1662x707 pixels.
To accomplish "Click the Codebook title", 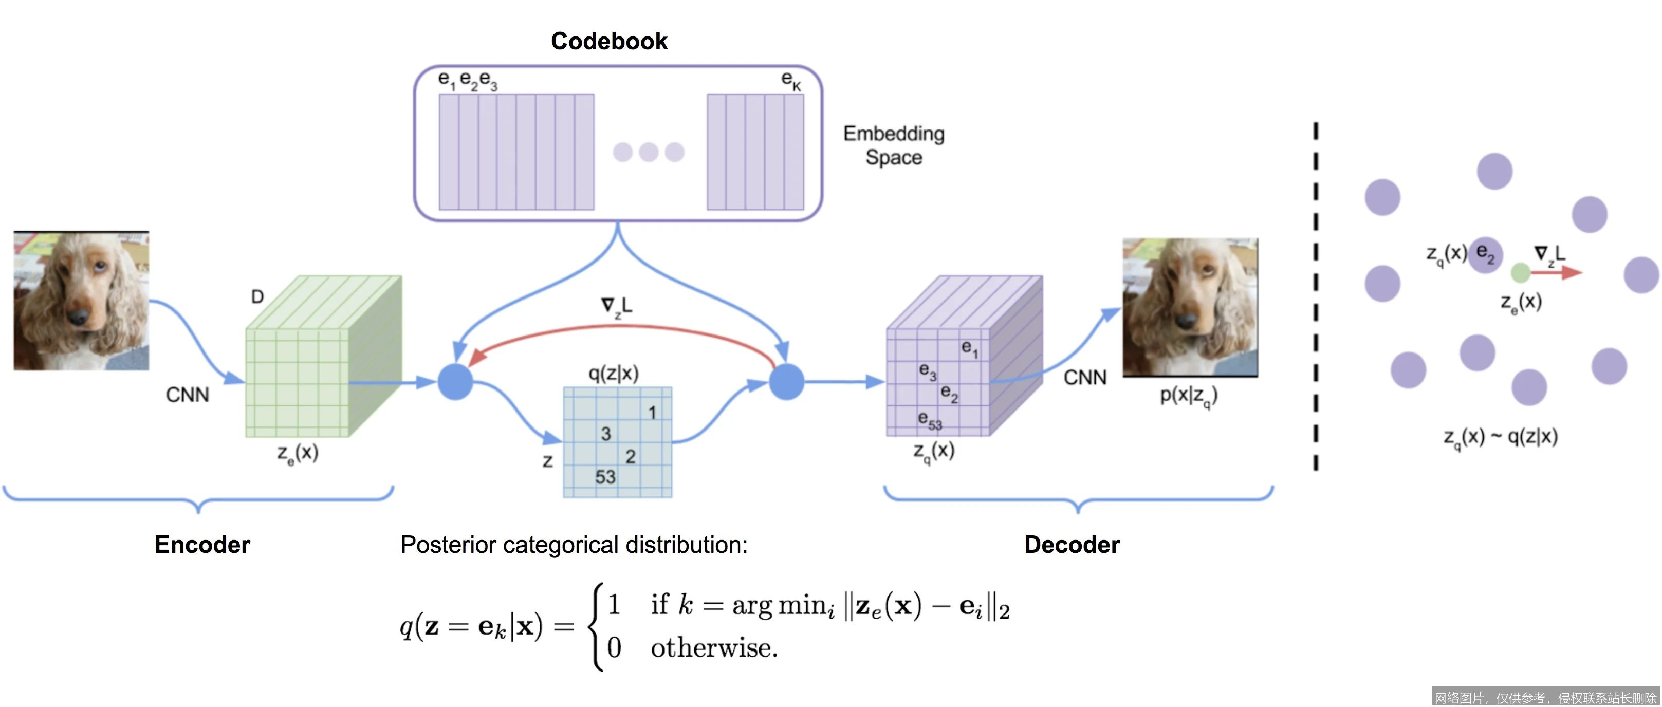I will point(608,41).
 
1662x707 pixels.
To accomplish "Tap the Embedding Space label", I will point(894,145).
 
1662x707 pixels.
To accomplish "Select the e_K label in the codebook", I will point(790,80).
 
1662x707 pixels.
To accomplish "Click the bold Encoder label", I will point(202,545).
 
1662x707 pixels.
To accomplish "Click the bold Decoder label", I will point(1072,545).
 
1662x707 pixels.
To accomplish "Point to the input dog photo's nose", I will point(79,316).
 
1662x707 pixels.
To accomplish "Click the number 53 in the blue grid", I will point(605,477).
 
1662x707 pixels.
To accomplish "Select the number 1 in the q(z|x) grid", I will point(652,412).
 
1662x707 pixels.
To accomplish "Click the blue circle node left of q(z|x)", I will point(455,382).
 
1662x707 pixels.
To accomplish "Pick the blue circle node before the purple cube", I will point(786,382).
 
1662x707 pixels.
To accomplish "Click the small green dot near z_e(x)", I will point(1521,273).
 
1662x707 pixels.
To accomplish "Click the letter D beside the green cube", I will point(257,297).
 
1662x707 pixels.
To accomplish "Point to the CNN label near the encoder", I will point(187,395).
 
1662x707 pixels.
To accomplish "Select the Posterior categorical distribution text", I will point(574,545).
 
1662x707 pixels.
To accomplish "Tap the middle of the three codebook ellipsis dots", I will point(649,152).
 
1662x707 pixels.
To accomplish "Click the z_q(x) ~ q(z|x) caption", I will point(1500,437).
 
